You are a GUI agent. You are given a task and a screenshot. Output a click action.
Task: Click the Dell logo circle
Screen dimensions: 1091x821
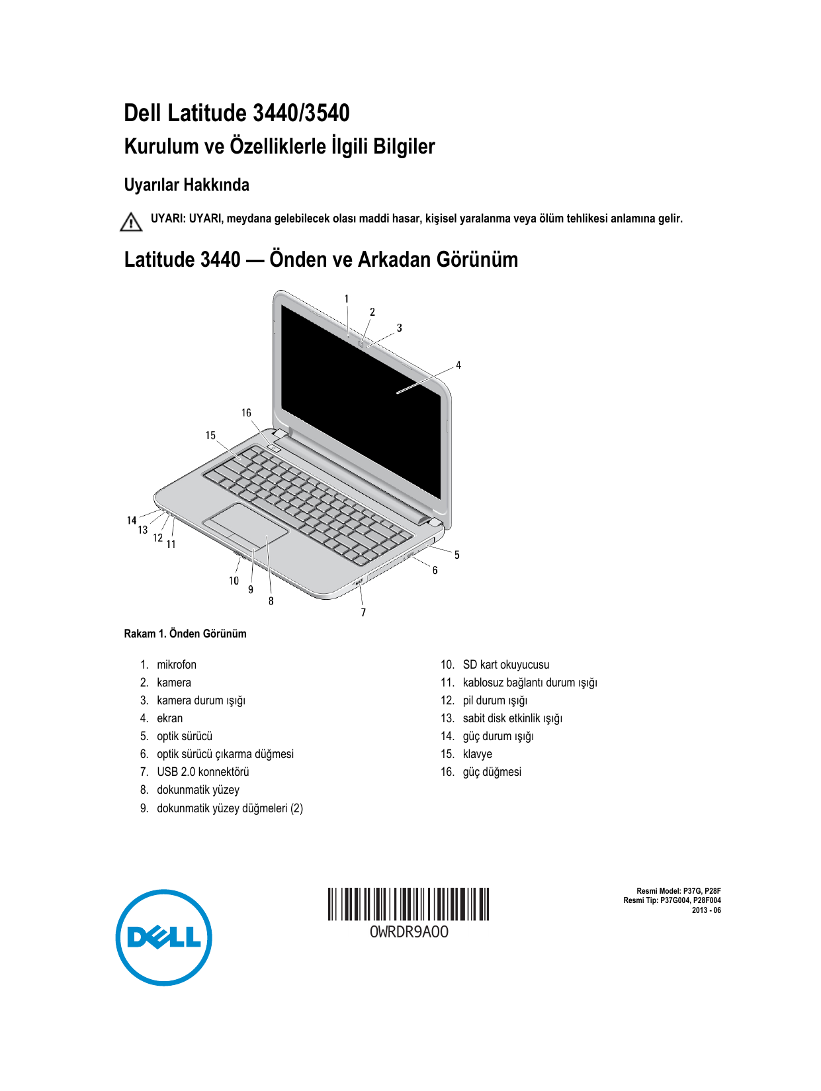(x=163, y=937)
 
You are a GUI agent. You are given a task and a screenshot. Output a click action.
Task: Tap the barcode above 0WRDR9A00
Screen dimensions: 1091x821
(x=408, y=904)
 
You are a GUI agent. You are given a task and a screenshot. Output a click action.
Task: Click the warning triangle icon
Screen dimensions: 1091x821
(x=131, y=222)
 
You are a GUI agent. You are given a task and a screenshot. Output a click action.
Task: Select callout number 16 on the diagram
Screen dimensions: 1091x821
(x=246, y=413)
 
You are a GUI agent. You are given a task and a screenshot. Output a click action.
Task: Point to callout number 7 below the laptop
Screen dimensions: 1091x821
(x=363, y=612)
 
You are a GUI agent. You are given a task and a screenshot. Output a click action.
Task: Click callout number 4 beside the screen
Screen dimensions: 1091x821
(x=458, y=365)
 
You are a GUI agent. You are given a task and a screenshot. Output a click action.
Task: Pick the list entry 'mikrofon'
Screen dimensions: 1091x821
(x=176, y=665)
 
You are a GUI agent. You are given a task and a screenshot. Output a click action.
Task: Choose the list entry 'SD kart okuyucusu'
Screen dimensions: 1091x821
(x=505, y=665)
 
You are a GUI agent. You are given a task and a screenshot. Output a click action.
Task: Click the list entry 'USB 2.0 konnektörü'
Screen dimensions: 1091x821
(x=202, y=772)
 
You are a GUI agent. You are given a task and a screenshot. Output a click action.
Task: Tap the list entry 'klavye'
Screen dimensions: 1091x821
(x=477, y=754)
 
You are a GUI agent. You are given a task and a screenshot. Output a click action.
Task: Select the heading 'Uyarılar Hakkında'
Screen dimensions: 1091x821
(x=187, y=185)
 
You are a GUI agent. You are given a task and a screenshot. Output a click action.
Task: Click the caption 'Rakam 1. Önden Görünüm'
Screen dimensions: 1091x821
(x=185, y=634)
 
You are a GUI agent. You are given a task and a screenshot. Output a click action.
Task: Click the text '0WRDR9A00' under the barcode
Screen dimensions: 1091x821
(x=408, y=932)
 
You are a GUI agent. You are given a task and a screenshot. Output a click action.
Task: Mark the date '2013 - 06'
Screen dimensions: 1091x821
(x=706, y=910)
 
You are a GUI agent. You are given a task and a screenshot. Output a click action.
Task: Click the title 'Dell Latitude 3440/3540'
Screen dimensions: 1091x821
(x=237, y=113)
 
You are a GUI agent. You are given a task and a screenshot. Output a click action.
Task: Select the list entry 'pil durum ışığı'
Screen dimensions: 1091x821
(x=495, y=700)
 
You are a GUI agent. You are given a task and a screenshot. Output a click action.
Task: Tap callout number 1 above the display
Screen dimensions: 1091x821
(x=347, y=299)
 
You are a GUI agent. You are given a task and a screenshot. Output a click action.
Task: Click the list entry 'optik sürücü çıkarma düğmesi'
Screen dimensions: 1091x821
(x=225, y=754)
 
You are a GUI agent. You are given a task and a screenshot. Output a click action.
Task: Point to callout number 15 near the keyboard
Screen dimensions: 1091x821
(x=210, y=436)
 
